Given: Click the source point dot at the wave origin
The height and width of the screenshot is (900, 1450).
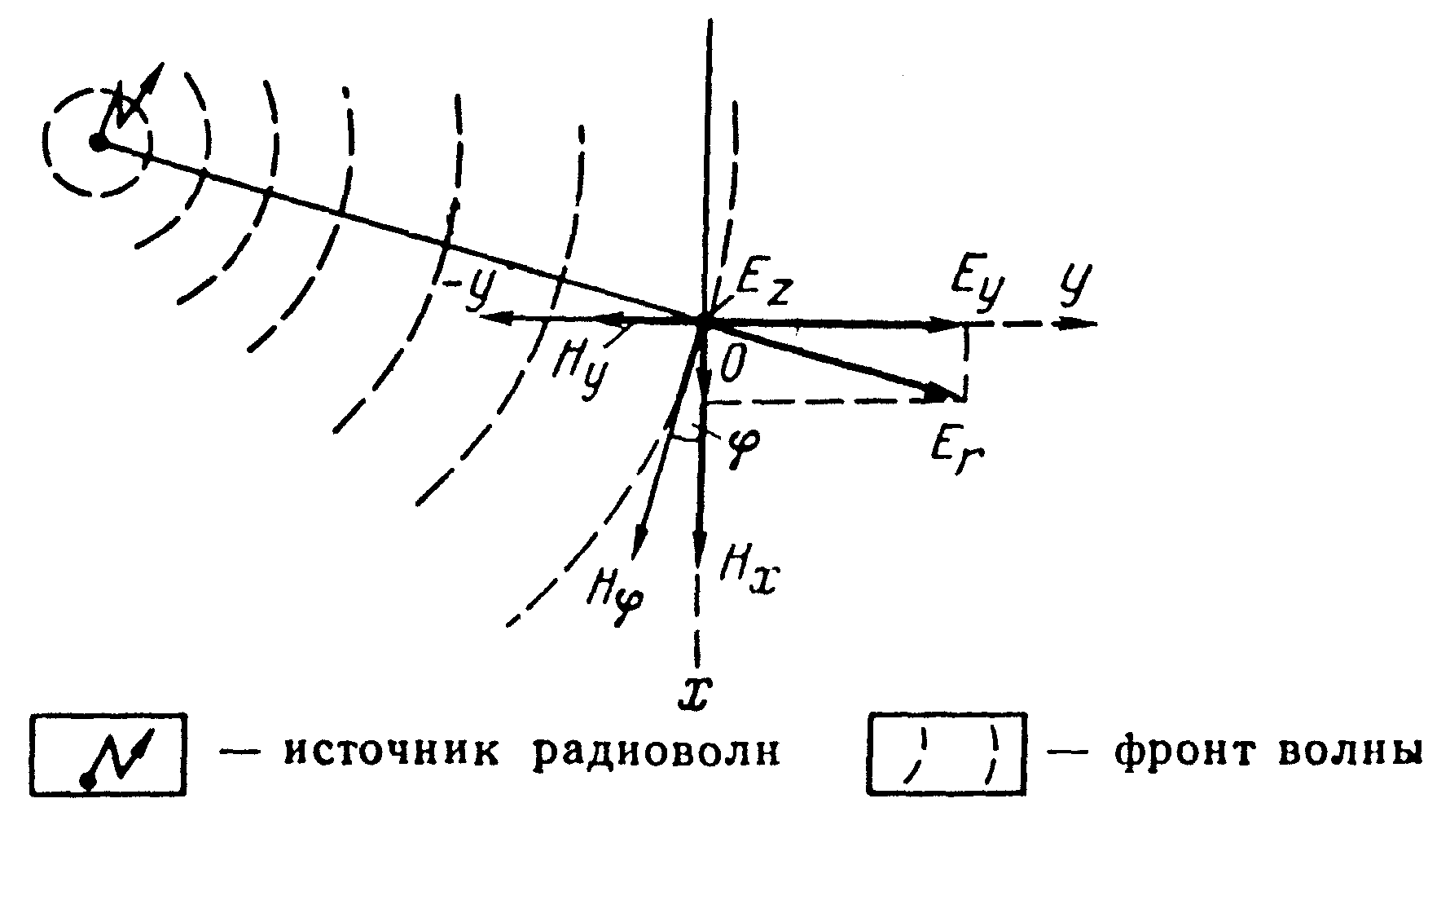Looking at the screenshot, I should (99, 143).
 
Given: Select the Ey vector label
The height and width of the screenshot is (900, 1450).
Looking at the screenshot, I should (977, 285).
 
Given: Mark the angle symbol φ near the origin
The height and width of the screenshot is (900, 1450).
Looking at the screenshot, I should (743, 444).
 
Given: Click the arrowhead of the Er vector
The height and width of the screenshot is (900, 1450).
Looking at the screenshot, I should (945, 394).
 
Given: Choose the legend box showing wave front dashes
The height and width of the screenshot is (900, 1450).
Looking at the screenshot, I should (945, 755).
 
